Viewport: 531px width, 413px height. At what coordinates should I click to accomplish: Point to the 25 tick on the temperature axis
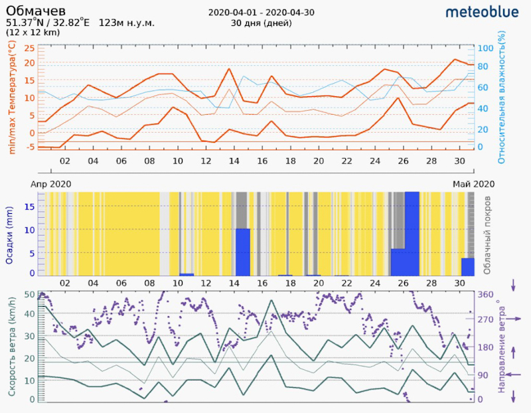click(29, 48)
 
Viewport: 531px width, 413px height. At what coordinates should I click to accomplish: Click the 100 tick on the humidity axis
click(485, 48)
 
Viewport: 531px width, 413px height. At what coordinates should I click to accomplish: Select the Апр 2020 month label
click(51, 184)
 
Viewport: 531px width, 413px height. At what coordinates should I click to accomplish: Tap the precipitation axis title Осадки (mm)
click(11, 234)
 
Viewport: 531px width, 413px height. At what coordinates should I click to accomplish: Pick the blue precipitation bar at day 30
click(467, 267)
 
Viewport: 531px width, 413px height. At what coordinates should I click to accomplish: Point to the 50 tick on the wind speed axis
click(29, 294)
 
